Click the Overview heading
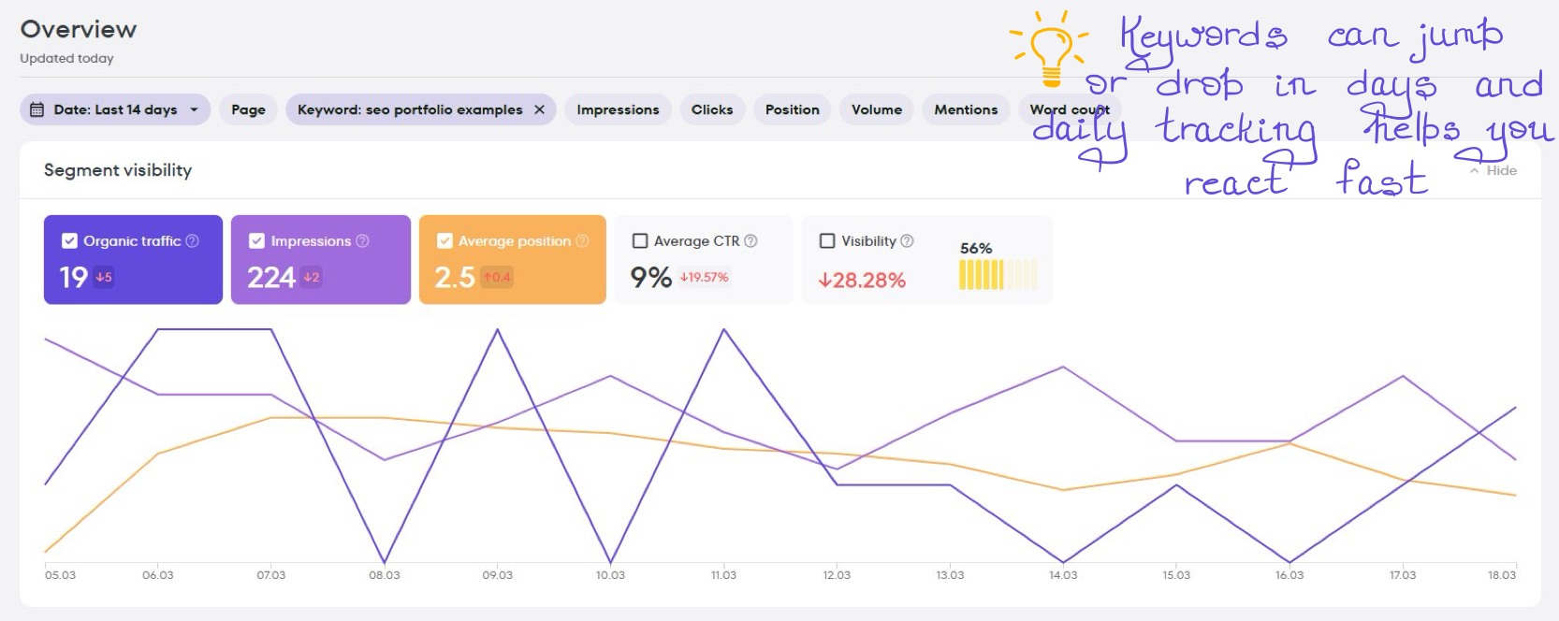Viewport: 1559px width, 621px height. point(79,29)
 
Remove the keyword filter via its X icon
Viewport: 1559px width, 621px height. point(539,109)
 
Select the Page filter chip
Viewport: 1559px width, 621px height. point(248,109)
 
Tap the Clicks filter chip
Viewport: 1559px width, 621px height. point(711,109)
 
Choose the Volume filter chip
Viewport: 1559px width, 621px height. point(876,109)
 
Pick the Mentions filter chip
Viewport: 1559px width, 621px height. point(965,109)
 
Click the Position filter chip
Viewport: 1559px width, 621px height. point(792,109)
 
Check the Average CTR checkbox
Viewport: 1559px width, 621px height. point(640,241)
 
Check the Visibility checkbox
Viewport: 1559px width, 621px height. point(827,241)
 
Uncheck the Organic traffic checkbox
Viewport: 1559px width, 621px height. point(69,241)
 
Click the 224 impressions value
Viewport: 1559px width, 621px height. point(270,278)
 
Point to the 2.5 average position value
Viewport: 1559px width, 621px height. point(455,278)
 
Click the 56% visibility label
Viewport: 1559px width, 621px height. point(975,248)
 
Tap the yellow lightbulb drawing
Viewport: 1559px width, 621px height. point(1050,47)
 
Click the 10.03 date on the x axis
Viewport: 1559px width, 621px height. point(610,575)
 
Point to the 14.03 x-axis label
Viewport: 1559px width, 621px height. point(1063,575)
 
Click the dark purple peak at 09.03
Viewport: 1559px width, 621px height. point(497,330)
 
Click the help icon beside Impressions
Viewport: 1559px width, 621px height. point(362,241)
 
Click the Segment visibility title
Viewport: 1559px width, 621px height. point(118,170)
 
